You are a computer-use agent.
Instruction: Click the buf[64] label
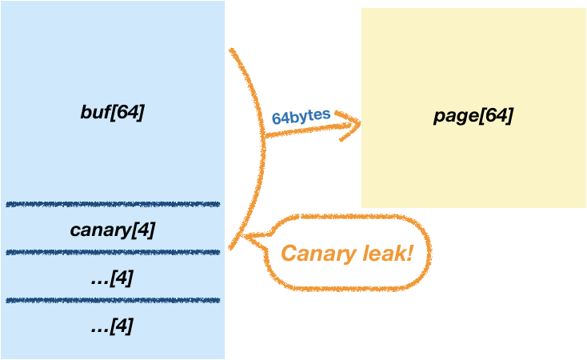(112, 112)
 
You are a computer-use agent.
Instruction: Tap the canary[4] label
(112, 230)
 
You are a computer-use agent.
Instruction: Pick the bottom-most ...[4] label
(112, 326)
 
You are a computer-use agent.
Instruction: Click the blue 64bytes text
(301, 116)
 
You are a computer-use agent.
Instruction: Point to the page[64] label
(473, 116)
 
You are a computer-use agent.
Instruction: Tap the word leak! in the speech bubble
(385, 254)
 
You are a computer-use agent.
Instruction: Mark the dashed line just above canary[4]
(112, 204)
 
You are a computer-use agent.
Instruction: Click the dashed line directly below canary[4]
(112, 252)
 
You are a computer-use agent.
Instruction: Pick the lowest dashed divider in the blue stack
(112, 301)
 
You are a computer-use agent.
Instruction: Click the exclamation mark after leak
(409, 254)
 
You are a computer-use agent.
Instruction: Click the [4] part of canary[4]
(145, 230)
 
